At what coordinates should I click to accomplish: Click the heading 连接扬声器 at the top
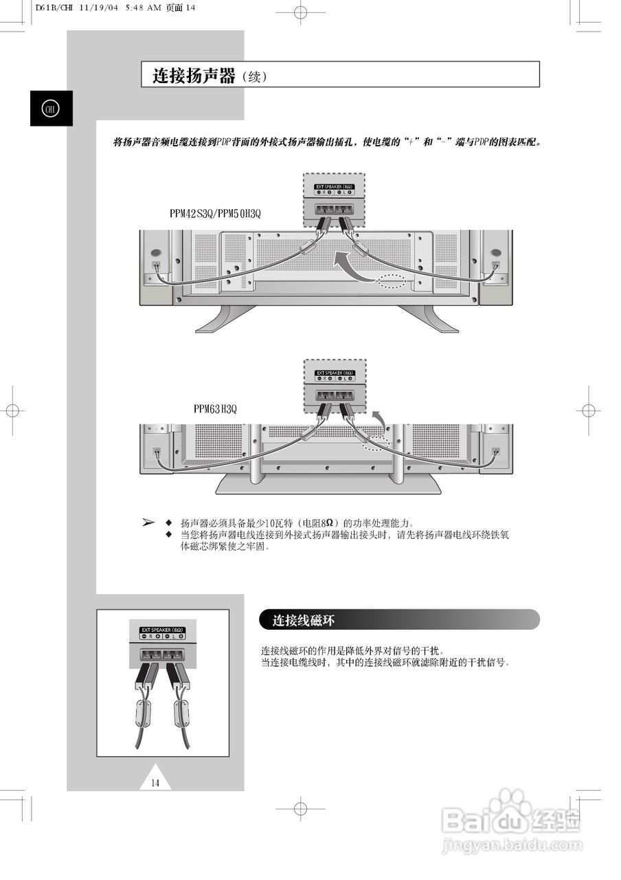click(x=194, y=76)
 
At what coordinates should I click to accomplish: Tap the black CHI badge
click(x=51, y=109)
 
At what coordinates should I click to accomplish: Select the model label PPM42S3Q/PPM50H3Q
click(x=215, y=214)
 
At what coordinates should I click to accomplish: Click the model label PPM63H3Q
click(x=215, y=409)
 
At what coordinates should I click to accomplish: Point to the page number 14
click(x=155, y=782)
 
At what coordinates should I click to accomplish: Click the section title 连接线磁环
click(x=303, y=620)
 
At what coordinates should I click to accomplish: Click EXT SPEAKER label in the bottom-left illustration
click(x=163, y=629)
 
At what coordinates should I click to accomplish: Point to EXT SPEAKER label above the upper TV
click(x=335, y=186)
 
